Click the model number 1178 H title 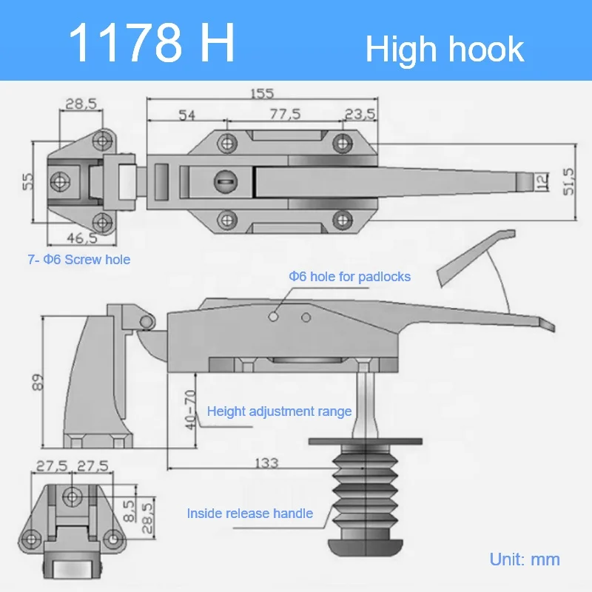pyautogui.click(x=152, y=43)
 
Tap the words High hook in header pyautogui.click(x=445, y=49)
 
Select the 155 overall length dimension pyautogui.click(x=261, y=93)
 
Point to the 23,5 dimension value pyautogui.click(x=360, y=114)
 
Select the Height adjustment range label pyautogui.click(x=279, y=411)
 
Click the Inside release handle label pyautogui.click(x=249, y=513)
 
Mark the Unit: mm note pyautogui.click(x=525, y=559)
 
